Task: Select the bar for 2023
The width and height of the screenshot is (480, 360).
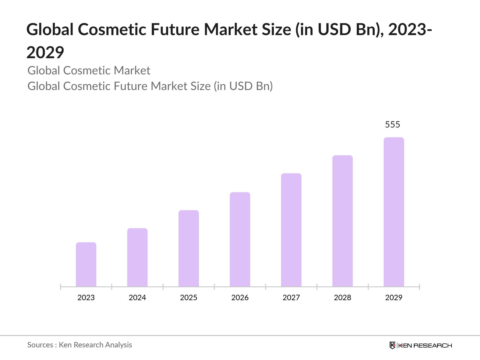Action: [86, 264]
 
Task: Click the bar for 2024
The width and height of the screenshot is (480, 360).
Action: [137, 257]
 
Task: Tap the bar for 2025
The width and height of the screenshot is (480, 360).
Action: [189, 248]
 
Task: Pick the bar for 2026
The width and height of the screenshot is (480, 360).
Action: [240, 239]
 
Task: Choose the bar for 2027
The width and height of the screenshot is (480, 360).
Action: [291, 230]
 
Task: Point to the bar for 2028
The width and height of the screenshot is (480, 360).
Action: [343, 221]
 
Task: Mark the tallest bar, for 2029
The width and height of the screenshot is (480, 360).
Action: [394, 212]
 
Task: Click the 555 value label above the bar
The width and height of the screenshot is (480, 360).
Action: [392, 124]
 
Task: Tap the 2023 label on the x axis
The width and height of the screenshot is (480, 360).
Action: [86, 298]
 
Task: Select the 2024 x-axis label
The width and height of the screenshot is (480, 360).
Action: [137, 298]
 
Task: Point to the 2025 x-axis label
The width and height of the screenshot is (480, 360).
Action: [189, 298]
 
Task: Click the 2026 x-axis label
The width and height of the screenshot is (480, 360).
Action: [240, 298]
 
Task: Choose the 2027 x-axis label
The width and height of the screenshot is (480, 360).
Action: [291, 298]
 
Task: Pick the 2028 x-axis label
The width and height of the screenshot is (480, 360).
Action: [343, 298]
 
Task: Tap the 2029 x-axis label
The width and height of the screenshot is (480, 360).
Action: [394, 298]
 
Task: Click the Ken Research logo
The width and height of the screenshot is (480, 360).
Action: [421, 345]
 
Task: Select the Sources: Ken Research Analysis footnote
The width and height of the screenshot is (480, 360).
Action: [80, 345]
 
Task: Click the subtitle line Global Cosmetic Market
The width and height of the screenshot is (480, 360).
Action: [89, 70]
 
